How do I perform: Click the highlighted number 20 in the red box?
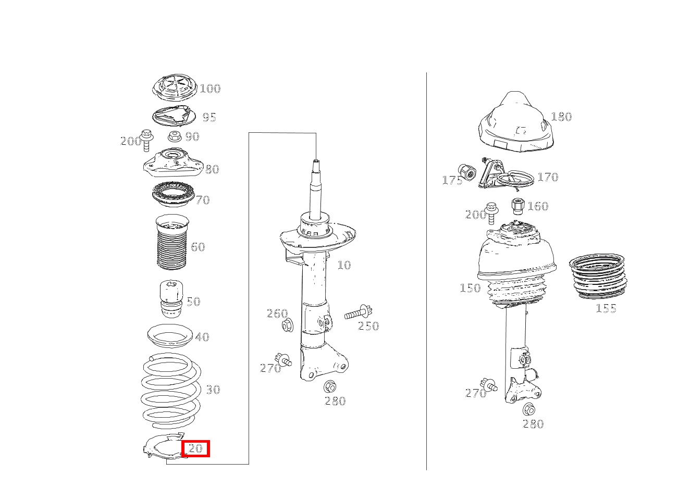(195, 448)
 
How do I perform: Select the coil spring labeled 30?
(171, 391)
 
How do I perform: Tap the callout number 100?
(210, 89)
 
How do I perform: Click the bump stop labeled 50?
(171, 299)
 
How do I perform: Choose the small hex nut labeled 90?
(174, 136)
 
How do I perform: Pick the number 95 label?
(209, 117)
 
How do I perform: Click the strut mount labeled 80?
(174, 163)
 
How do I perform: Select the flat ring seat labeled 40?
(170, 336)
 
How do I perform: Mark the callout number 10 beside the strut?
(344, 265)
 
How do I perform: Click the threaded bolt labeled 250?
(358, 313)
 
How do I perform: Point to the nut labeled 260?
(288, 326)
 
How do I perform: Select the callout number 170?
(548, 177)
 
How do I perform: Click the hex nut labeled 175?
(467, 172)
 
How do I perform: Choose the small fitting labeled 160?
(518, 206)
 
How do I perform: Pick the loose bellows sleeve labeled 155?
(598, 276)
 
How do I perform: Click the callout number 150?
(470, 288)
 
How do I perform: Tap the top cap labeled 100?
(175, 87)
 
